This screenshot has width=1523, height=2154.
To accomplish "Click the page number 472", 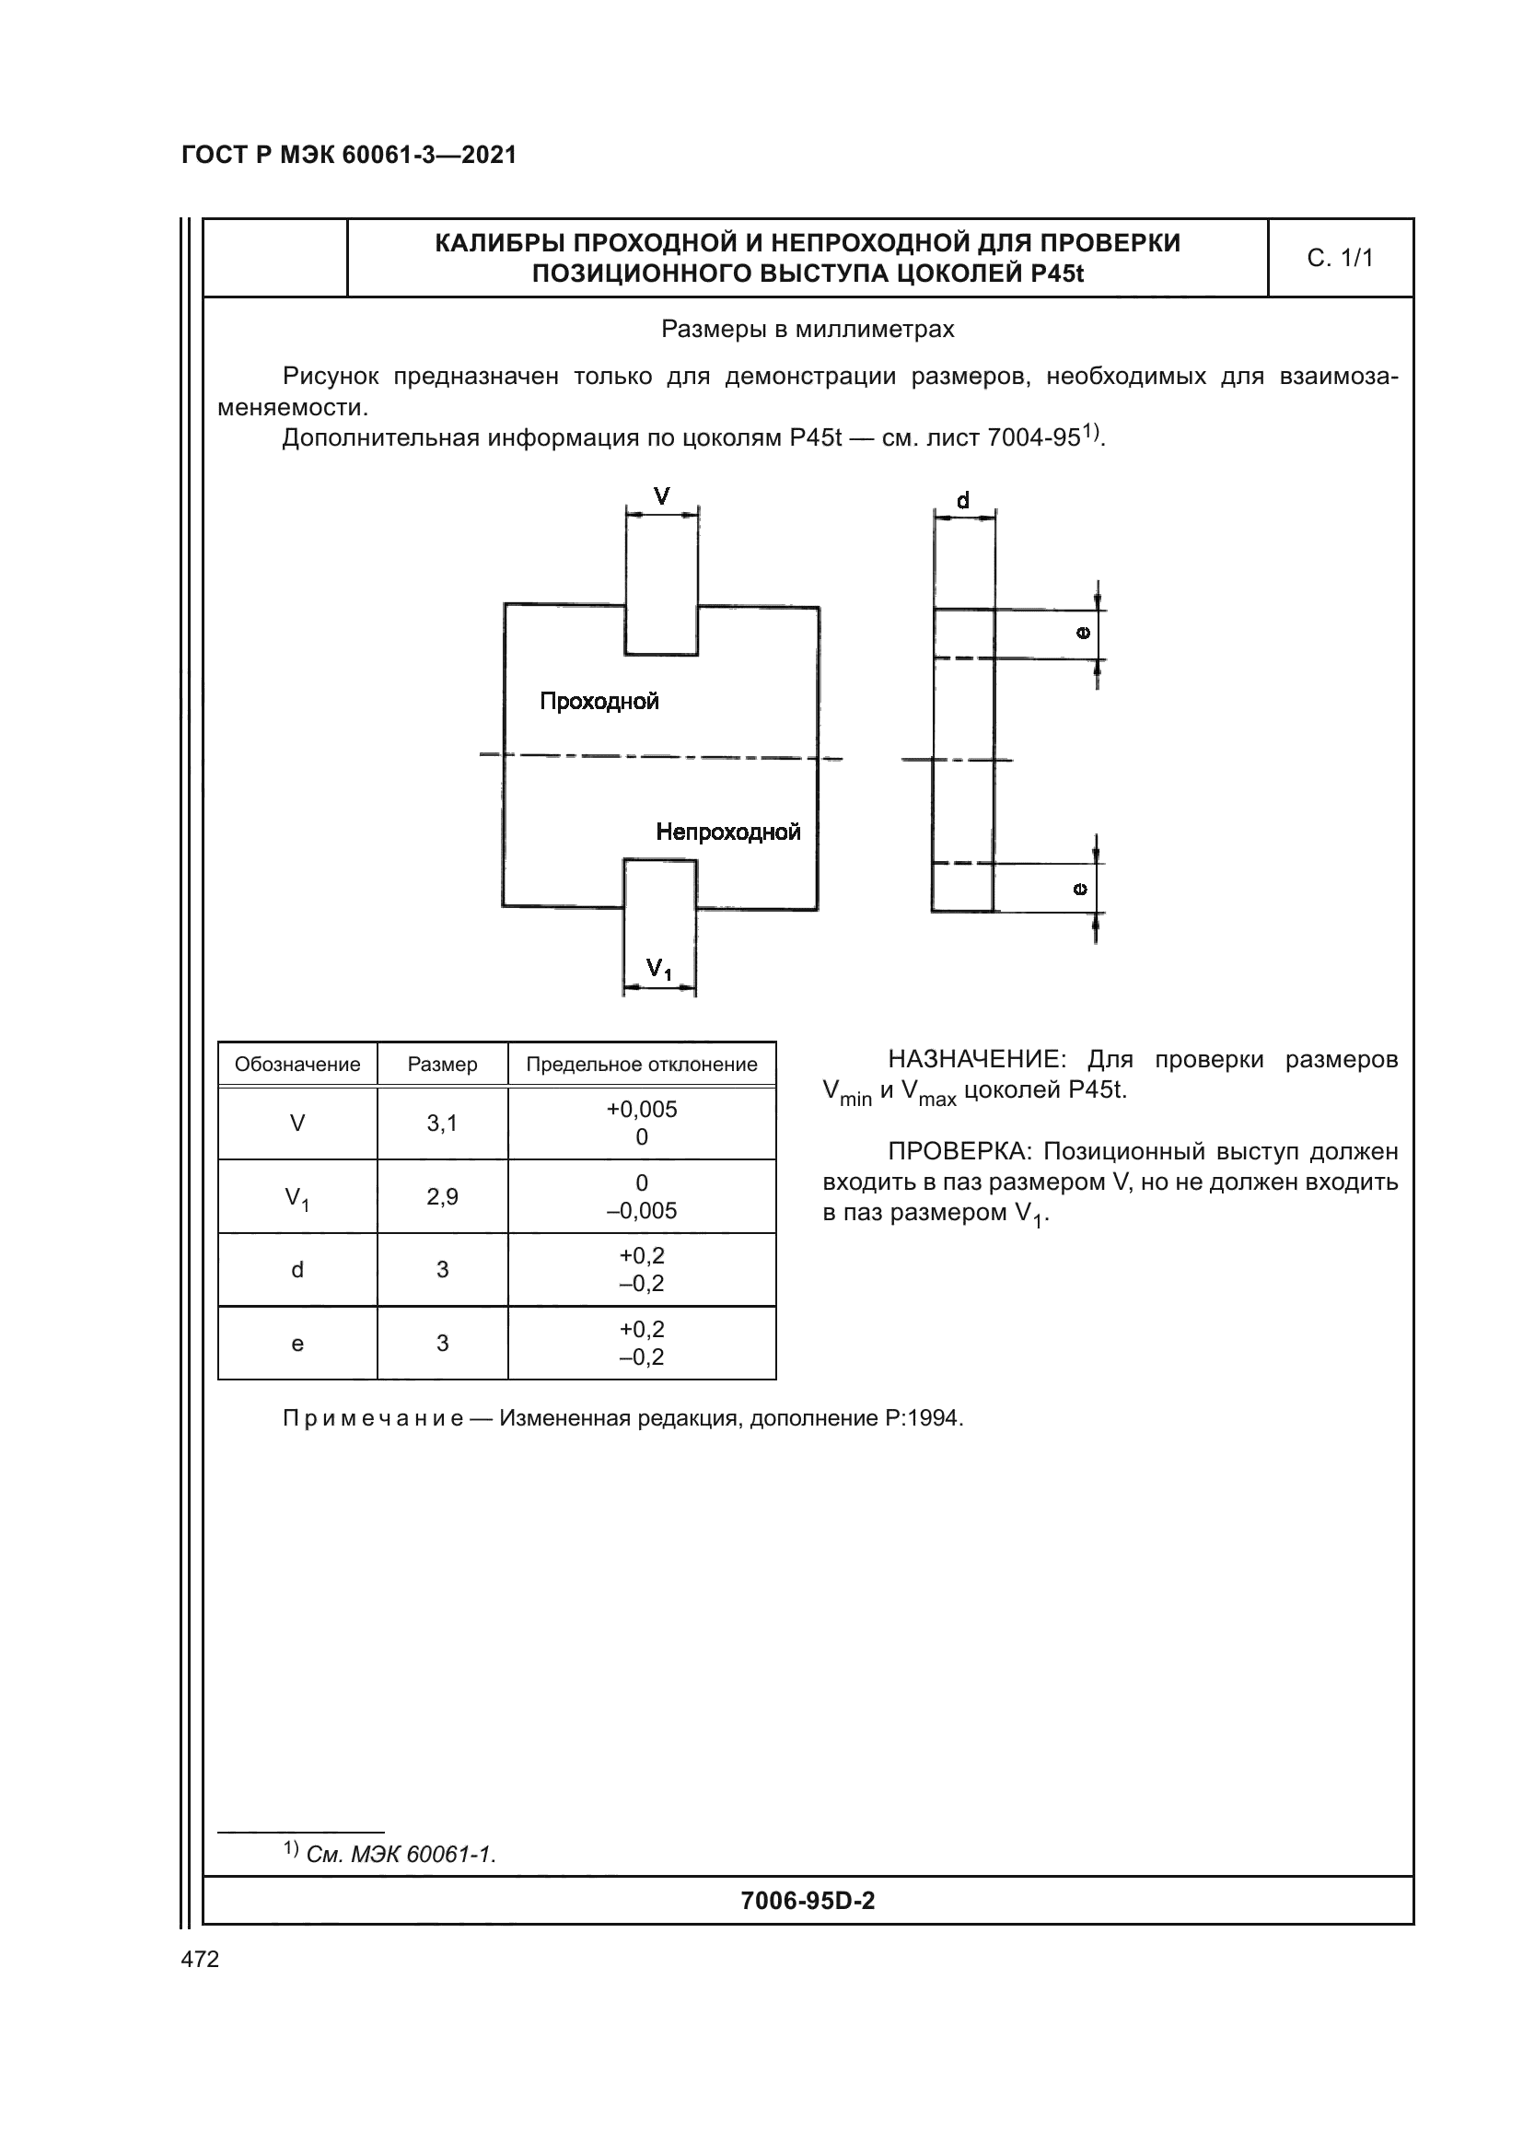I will click(x=200, y=1959).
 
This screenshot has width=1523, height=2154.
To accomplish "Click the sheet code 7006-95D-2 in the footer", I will click(x=808, y=1901).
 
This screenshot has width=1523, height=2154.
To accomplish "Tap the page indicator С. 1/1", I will click(x=1340, y=258).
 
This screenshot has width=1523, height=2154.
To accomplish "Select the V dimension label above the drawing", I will click(x=662, y=496).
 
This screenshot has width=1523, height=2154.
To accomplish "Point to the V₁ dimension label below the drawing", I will click(x=659, y=969).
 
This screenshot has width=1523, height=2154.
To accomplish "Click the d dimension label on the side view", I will click(x=963, y=501).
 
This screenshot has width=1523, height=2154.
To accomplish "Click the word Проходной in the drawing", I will click(x=599, y=702).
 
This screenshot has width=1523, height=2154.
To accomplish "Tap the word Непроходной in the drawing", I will click(x=727, y=832).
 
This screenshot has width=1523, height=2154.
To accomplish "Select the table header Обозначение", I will click(x=297, y=1065).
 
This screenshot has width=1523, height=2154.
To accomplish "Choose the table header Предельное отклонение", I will click(x=642, y=1065).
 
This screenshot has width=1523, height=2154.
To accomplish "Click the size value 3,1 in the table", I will click(x=443, y=1124).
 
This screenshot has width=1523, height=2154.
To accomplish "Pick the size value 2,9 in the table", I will click(x=443, y=1197).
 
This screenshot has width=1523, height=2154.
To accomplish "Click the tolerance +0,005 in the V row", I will click(x=642, y=1110).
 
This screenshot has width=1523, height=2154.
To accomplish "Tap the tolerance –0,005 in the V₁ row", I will click(x=642, y=1211).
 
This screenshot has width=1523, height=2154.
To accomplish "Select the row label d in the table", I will click(x=297, y=1270).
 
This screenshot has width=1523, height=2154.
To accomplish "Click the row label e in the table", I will click(x=297, y=1345).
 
